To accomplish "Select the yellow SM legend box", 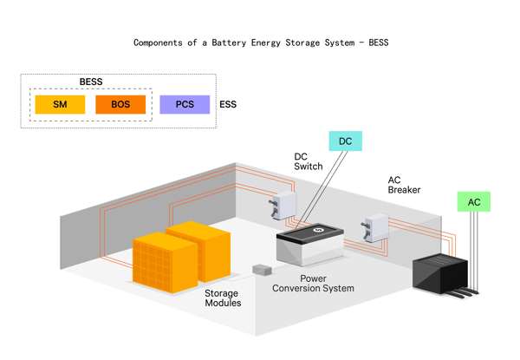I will coord(60,105).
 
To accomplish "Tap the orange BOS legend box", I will coord(120,105).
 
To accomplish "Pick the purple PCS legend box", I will coord(185,105).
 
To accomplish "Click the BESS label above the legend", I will coord(91,82).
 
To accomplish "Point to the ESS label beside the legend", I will coord(229,105).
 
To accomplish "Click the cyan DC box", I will coord(345,141).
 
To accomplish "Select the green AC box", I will coord(474,202).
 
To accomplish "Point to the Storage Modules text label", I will coord(223,298).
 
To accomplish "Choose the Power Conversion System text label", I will coord(313,283).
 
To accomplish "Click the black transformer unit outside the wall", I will coord(447,274).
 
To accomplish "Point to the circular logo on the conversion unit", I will coord(319,230).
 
